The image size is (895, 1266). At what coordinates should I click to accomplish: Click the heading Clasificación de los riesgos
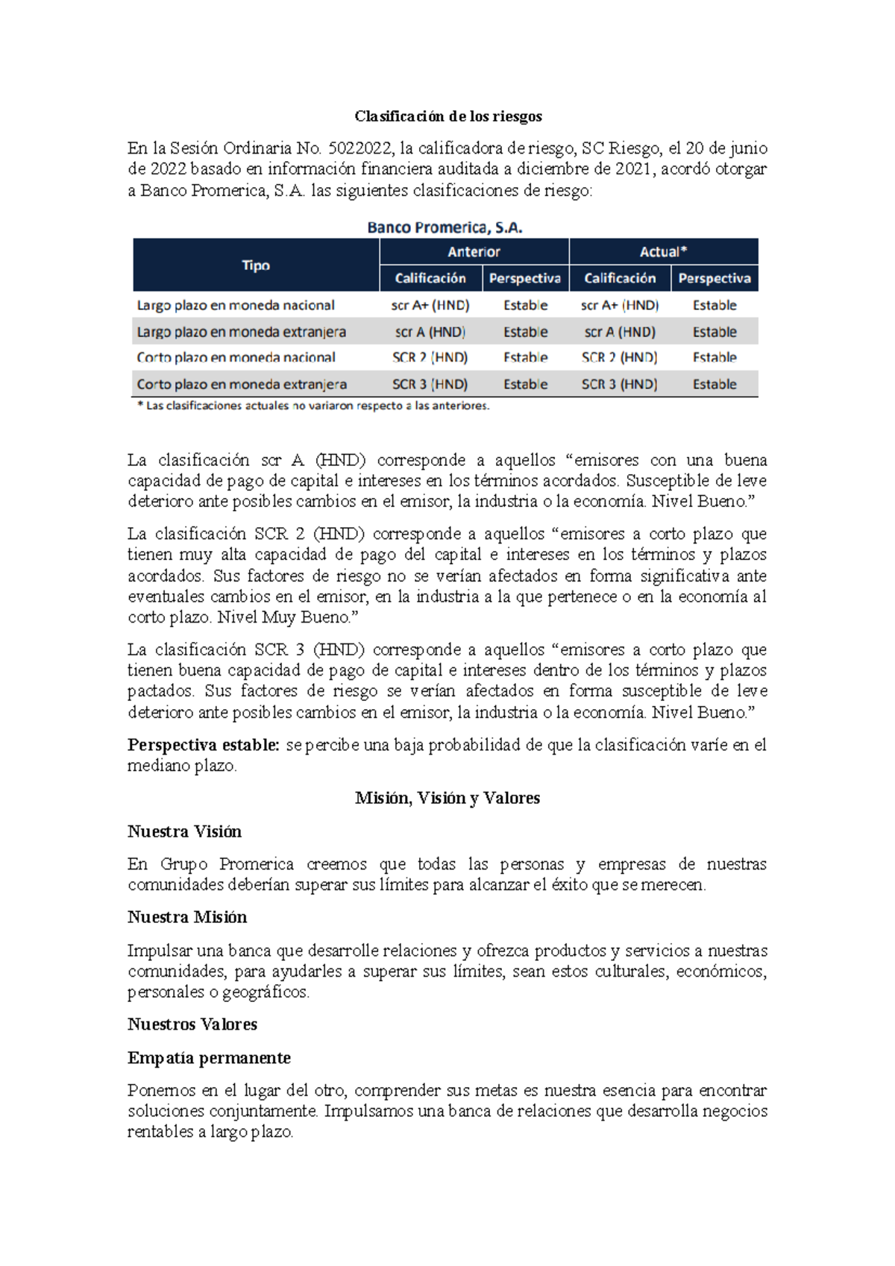(x=447, y=116)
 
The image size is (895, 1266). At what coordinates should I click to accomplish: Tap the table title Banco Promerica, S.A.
(x=445, y=227)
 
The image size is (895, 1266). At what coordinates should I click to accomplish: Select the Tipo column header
(x=256, y=265)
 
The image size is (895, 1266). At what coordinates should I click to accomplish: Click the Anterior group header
(x=474, y=252)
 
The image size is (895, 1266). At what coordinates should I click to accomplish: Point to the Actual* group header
(x=663, y=252)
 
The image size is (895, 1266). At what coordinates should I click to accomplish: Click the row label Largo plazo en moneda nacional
(x=236, y=305)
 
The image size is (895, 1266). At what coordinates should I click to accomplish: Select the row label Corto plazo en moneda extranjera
(x=242, y=385)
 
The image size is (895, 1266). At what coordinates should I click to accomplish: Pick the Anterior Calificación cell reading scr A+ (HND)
(x=430, y=305)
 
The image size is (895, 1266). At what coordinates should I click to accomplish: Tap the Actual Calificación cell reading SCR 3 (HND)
(x=619, y=385)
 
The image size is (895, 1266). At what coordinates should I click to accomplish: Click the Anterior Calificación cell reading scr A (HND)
(x=430, y=332)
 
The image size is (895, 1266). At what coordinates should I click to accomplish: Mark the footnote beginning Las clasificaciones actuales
(x=313, y=406)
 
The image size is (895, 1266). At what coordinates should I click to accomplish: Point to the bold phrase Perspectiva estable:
(x=203, y=745)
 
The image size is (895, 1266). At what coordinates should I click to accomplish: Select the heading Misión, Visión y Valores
(x=447, y=798)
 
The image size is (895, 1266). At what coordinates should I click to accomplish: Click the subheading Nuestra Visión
(x=184, y=831)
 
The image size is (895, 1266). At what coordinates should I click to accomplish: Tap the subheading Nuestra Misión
(x=186, y=917)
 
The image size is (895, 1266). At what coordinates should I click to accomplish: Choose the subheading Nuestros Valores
(x=192, y=1024)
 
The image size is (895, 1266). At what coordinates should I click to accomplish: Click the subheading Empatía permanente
(x=209, y=1058)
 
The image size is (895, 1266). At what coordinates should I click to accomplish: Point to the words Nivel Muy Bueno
(x=285, y=617)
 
